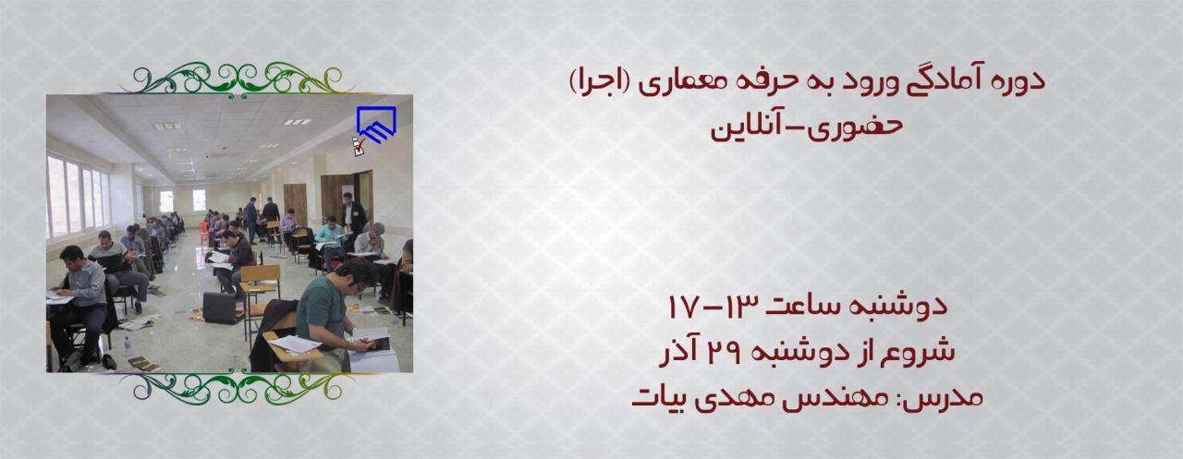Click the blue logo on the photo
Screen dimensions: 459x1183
click(x=376, y=125)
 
